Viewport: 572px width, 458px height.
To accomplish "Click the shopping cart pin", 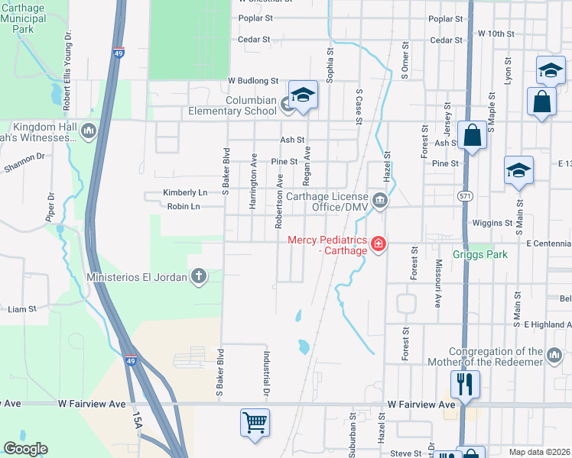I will pyautogui.click(x=255, y=421).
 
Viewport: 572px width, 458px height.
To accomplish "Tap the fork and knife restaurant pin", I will pyautogui.click(x=465, y=383).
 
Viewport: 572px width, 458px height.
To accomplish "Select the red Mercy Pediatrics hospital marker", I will pyautogui.click(x=377, y=244).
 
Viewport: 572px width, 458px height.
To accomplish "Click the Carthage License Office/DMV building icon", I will pyautogui.click(x=380, y=202).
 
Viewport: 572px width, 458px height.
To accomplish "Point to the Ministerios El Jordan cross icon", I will pyautogui.click(x=199, y=276).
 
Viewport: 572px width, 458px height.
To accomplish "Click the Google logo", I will pyautogui.click(x=26, y=449).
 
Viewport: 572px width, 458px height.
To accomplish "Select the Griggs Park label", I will pyautogui.click(x=479, y=255).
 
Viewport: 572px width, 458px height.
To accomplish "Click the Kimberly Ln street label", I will pyautogui.click(x=185, y=193).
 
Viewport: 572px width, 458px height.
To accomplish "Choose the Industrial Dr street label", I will pyautogui.click(x=267, y=373).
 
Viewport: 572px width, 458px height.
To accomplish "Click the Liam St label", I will pyautogui.click(x=21, y=309).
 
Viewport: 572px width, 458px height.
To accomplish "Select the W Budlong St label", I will pyautogui.click(x=252, y=80).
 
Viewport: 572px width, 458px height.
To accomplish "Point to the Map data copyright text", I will pyautogui.click(x=539, y=452).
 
